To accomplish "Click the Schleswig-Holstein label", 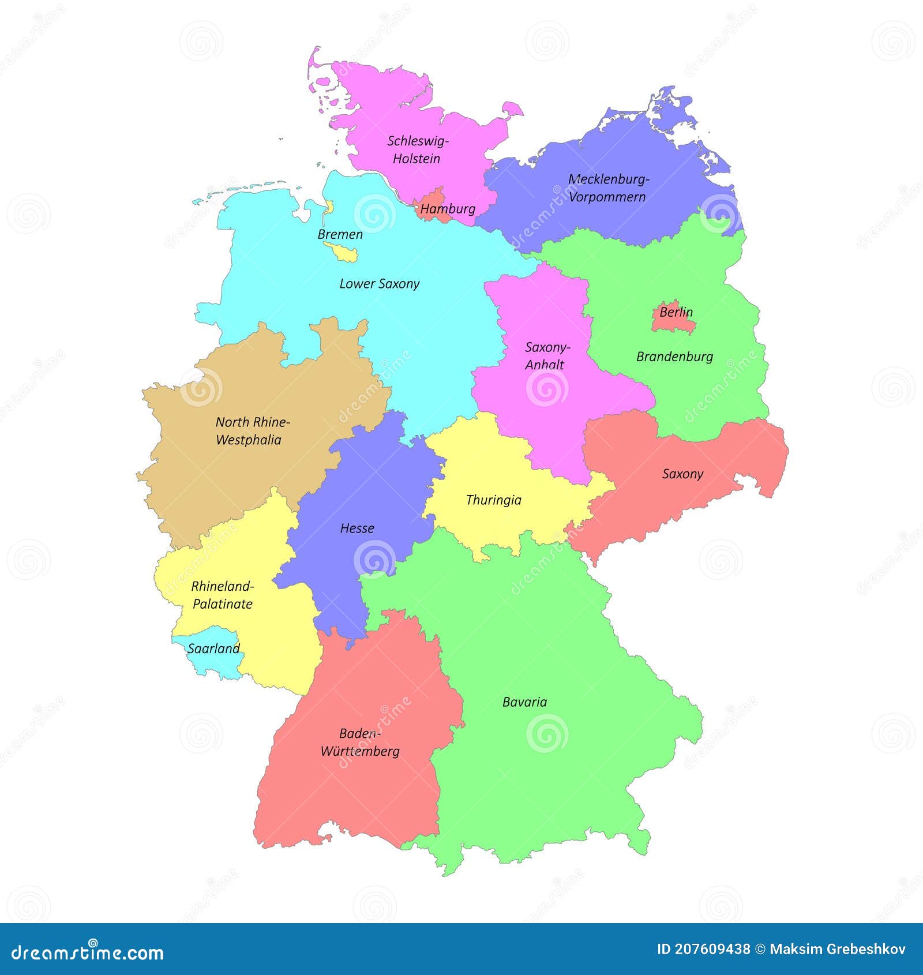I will pos(417,149).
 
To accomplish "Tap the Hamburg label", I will pos(448,209).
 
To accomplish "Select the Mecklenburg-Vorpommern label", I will pos(608,187).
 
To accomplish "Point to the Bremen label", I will pos(340,234).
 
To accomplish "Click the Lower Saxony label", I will pos(379,284).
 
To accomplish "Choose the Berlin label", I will pos(676,312).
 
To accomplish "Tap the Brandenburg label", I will pos(674,357).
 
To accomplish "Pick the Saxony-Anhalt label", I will pos(546,355).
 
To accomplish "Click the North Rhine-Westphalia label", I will pos(252,430).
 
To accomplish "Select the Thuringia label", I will pos(493,500).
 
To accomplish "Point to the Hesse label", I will pos(357,528).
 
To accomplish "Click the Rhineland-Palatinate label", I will pos(222,595).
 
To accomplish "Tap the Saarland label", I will pos(213,648).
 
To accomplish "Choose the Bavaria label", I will pos(524,702).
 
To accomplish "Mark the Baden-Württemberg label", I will pos(360,742).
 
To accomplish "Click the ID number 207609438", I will pos(704,949).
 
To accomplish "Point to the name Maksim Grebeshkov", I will pos(838,949).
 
